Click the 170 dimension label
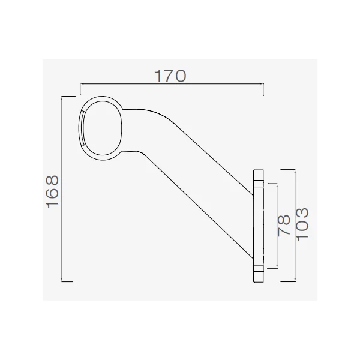pyautogui.click(x=170, y=76)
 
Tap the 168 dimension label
pyautogui.click(x=53, y=192)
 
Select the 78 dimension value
pyautogui.click(x=284, y=226)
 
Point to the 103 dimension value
pyautogui.click(x=302, y=224)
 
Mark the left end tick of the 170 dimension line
pyautogui.click(x=80, y=89)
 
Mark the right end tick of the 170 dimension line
pyautogui.click(x=263, y=89)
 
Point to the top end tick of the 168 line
pyautogui.click(x=68, y=97)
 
